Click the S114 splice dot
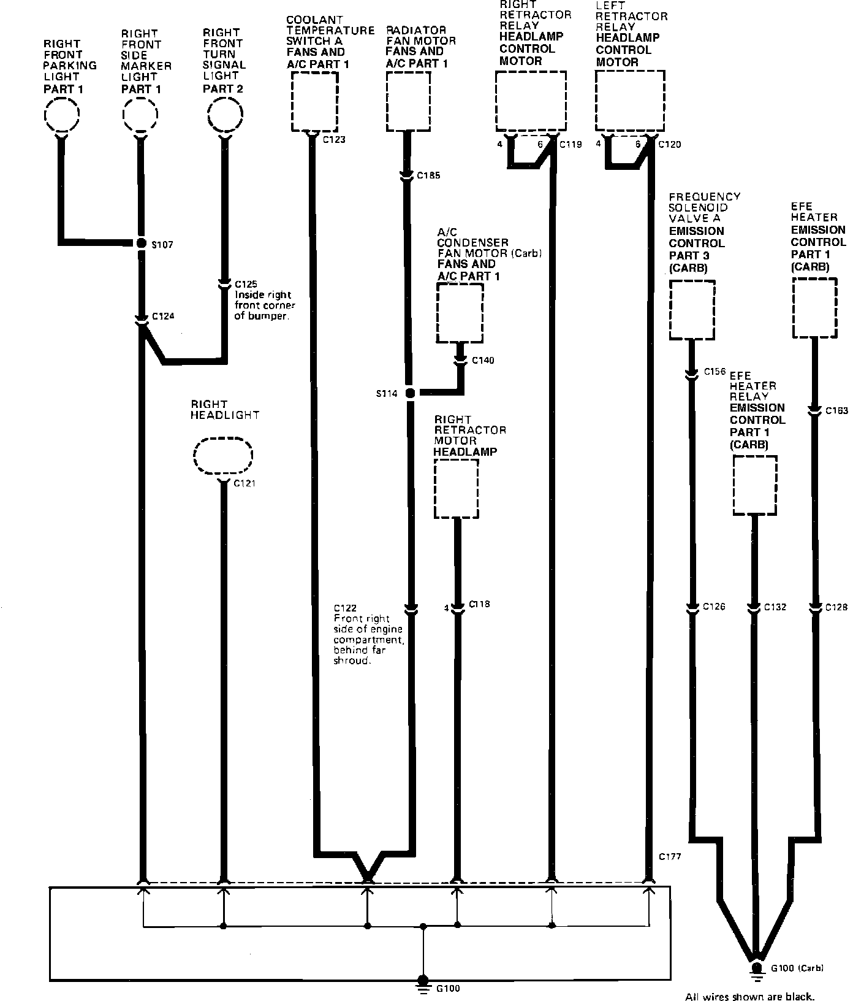point(409,393)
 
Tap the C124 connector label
point(163,316)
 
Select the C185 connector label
point(428,176)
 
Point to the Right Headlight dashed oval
point(223,456)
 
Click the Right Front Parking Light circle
point(62,115)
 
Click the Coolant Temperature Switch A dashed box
point(314,101)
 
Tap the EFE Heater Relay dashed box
point(754,485)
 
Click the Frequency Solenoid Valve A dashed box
point(692,310)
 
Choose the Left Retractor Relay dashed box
point(630,101)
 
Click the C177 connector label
point(670,856)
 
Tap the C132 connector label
point(775,607)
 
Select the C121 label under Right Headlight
point(245,483)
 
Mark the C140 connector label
point(483,360)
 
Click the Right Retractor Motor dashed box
point(456,489)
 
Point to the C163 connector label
point(836,411)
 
